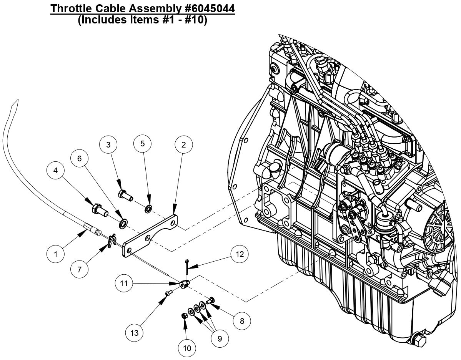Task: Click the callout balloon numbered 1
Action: coord(55,254)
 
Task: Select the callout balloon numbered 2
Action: coord(183,145)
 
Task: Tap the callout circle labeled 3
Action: coord(108,145)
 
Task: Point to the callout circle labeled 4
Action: coord(57,171)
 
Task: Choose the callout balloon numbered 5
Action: coord(143,144)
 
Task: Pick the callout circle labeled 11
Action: coord(124,284)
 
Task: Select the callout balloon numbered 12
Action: coord(239,254)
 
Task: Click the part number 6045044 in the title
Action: coord(199,8)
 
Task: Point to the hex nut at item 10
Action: coord(184,315)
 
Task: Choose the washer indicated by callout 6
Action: coord(123,223)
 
